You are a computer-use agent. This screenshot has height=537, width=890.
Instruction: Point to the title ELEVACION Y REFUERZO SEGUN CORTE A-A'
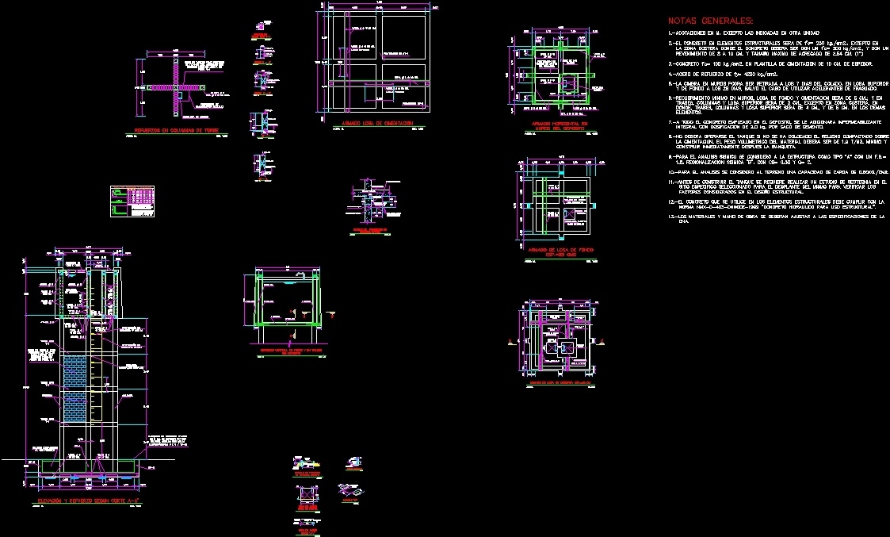pyautogui.click(x=89, y=502)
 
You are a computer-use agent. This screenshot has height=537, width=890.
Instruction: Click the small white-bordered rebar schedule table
pyautogui.click(x=132, y=201)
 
